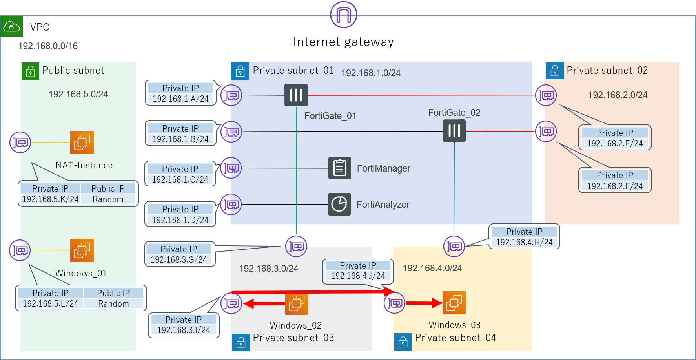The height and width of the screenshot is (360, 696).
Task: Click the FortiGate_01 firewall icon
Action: pyautogui.click(x=296, y=95)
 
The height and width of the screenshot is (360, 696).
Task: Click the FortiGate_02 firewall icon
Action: pyautogui.click(x=454, y=131)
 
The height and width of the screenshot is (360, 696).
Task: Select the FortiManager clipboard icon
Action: pyautogui.click(x=339, y=168)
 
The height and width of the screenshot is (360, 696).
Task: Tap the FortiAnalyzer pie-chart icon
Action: pyautogui.click(x=339, y=204)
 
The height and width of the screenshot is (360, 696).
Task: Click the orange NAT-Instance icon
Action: pyautogui.click(x=82, y=142)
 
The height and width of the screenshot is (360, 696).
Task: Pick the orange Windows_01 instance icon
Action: pyautogui.click(x=82, y=250)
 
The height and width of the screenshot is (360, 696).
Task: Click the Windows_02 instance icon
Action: pyautogui.click(x=297, y=303)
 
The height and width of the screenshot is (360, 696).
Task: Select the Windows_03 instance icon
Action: pyautogui.click(x=454, y=303)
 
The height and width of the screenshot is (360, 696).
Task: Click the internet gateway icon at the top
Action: pyautogui.click(x=344, y=15)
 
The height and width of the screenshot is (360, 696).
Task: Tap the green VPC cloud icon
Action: pyautogui.click(x=11, y=26)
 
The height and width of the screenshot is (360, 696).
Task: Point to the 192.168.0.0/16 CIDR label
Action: pyautogui.click(x=48, y=46)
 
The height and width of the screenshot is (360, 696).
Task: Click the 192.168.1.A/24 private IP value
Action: pyautogui.click(x=180, y=99)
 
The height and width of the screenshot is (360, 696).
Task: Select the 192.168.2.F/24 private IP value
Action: pyautogui.click(x=615, y=186)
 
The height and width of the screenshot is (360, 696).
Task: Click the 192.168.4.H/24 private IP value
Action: pyautogui.click(x=524, y=243)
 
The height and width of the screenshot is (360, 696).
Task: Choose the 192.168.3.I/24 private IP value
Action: pyautogui.click(x=184, y=330)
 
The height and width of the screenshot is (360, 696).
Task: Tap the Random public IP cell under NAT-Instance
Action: pyautogui.click(x=108, y=199)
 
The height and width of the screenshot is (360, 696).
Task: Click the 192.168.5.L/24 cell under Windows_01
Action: pyautogui.click(x=51, y=304)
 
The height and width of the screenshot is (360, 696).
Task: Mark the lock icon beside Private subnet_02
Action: pyautogui.click(x=555, y=71)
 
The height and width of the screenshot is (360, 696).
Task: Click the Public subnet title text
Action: pyautogui.click(x=73, y=71)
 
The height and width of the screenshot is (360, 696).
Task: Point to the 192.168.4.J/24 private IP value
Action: pyautogui.click(x=358, y=276)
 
